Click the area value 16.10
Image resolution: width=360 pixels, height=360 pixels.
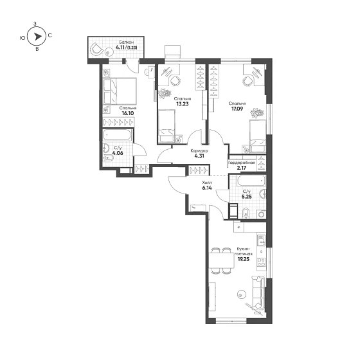pyautogui.click(x=128, y=113)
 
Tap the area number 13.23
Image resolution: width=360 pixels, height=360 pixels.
pyautogui.click(x=183, y=104)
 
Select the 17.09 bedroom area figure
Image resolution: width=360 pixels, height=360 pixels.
pyautogui.click(x=237, y=109)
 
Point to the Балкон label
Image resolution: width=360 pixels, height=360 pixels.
pyautogui.click(x=126, y=42)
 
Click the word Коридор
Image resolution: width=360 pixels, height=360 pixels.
pyautogui.click(x=199, y=151)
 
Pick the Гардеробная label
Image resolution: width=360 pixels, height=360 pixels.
pyautogui.click(x=242, y=163)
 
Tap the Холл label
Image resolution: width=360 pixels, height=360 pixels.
pyautogui.click(x=207, y=183)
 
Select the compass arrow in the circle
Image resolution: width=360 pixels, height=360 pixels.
pyautogui.click(x=38, y=37)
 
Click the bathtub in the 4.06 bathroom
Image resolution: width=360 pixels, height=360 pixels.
pyautogui.click(x=117, y=135)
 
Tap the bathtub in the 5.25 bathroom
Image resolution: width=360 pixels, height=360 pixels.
pyautogui.click(x=251, y=181)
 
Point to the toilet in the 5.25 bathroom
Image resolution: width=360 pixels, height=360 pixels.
pyautogui.click(x=246, y=213)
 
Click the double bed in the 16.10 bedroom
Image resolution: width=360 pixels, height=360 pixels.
pyautogui.click(x=120, y=91)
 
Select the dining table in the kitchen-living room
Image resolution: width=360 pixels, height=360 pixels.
pyautogui.click(x=221, y=260)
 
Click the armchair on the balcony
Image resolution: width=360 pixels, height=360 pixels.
pyautogui.click(x=96, y=49)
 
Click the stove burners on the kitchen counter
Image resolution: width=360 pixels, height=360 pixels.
pyautogui.click(x=261, y=262)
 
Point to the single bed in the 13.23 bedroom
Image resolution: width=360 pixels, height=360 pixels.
pyautogui.click(x=166, y=126)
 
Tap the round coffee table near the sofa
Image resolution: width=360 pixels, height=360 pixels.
pyautogui.click(x=241, y=294)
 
